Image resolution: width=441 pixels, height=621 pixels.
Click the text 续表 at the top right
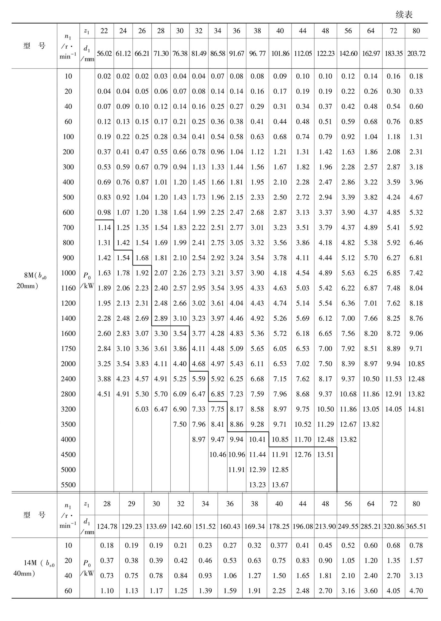click(x=404, y=15)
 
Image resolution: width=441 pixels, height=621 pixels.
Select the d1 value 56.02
click(x=104, y=54)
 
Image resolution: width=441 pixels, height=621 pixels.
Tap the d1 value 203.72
click(x=416, y=54)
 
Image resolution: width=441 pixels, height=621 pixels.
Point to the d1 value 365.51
click(x=416, y=526)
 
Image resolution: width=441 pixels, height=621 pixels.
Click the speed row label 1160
click(x=68, y=288)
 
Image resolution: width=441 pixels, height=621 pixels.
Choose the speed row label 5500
click(x=68, y=485)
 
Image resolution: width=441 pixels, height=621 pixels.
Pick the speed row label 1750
click(x=68, y=348)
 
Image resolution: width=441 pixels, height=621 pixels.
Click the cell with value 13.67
click(x=280, y=485)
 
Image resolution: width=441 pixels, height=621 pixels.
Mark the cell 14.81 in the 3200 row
click(x=416, y=409)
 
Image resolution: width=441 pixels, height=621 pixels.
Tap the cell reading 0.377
click(x=279, y=545)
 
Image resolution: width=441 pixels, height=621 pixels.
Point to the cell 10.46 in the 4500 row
click(x=218, y=454)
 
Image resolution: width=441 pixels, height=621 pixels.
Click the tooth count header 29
click(x=131, y=504)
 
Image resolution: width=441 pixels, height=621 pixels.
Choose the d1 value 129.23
click(x=131, y=526)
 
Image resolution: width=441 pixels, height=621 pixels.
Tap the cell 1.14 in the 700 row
click(x=104, y=227)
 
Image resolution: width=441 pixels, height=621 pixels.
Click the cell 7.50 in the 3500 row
click(x=180, y=424)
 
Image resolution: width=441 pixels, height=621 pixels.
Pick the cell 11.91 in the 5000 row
click(x=236, y=470)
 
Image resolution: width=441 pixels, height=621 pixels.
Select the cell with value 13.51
click(x=325, y=454)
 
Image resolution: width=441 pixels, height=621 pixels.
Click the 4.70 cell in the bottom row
click(x=416, y=591)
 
